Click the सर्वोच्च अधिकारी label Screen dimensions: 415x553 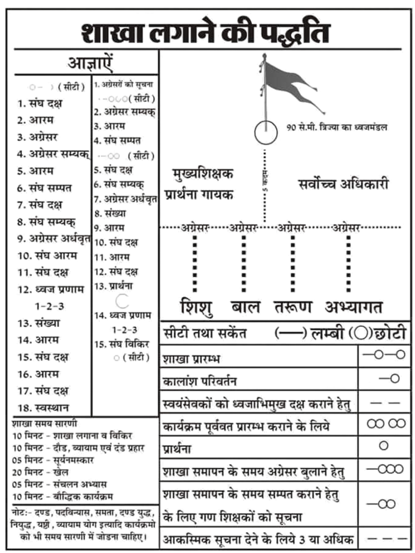[x=344, y=185]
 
